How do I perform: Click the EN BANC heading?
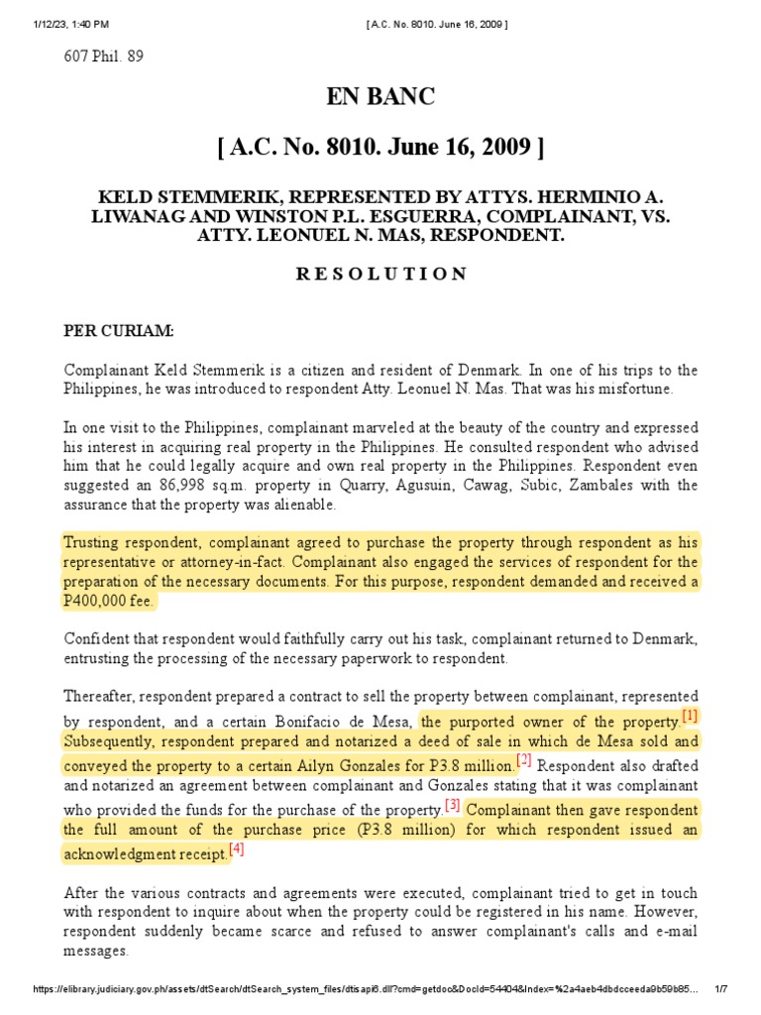coord(380,97)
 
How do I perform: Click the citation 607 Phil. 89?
coord(104,56)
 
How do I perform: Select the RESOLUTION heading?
coord(380,273)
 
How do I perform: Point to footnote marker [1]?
coord(690,716)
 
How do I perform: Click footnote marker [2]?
coord(524,761)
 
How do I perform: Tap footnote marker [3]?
coord(453,805)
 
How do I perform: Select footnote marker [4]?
coord(236,849)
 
